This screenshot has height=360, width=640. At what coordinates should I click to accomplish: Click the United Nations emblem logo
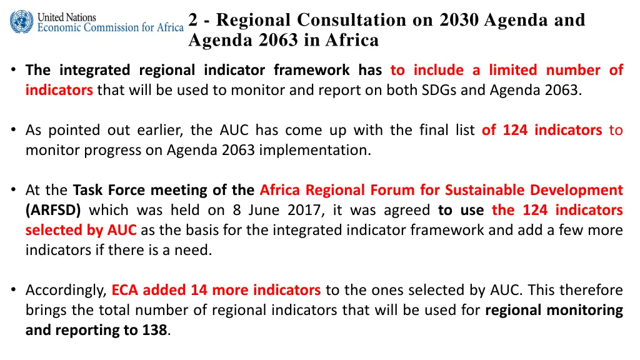(22, 22)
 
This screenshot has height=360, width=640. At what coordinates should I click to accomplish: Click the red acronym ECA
(124, 290)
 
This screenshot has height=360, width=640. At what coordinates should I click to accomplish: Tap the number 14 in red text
(199, 290)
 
